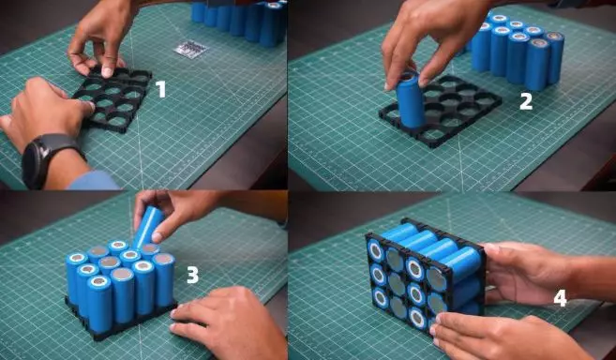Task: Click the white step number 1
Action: (x=160, y=90)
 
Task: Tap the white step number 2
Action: (x=526, y=102)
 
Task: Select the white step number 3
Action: (x=192, y=275)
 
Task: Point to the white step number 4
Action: (x=561, y=298)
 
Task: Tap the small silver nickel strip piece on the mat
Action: (x=191, y=50)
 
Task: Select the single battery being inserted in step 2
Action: (x=410, y=99)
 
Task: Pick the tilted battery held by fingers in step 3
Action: (x=148, y=227)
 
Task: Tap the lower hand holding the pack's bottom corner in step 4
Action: (x=507, y=336)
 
